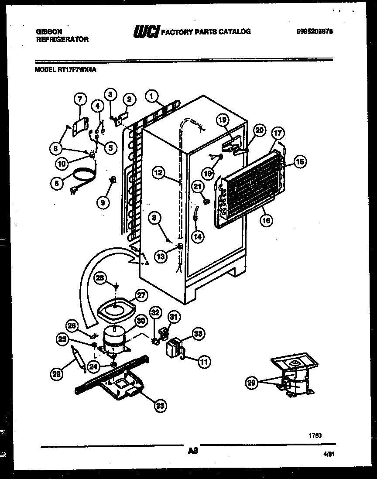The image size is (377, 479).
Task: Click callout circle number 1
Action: click(x=151, y=96)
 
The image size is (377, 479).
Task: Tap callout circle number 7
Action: click(x=79, y=99)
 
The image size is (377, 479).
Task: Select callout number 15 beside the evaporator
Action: click(x=300, y=161)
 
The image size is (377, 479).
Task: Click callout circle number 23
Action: click(x=161, y=406)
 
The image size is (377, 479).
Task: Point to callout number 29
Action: click(x=250, y=383)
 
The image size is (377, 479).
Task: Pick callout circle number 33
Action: click(x=199, y=334)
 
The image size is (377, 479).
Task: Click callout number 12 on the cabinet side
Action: click(x=159, y=172)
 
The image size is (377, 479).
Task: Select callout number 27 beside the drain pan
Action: click(x=141, y=295)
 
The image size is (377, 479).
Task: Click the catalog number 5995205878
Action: click(x=314, y=31)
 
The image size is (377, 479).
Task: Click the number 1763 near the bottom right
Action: click(x=315, y=435)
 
